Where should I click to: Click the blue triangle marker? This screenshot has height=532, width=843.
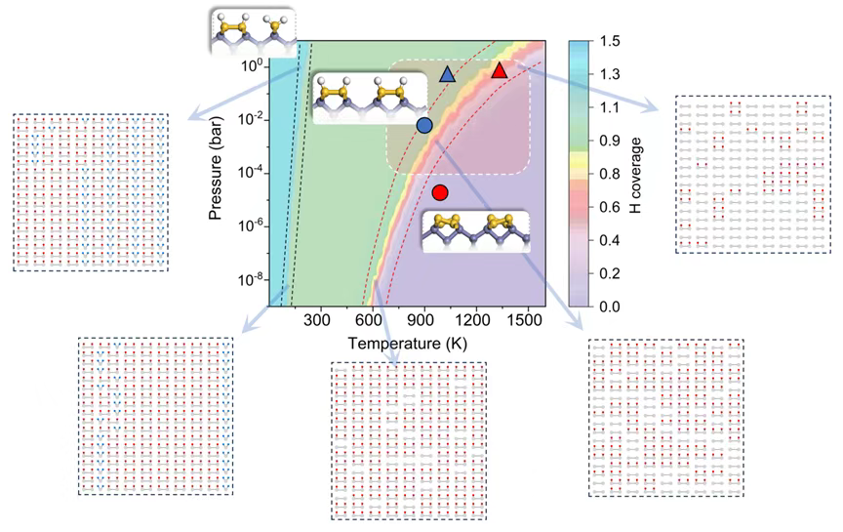pos(447,74)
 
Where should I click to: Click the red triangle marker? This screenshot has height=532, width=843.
pos(500,70)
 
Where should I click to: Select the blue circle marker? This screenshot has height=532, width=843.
pos(424,125)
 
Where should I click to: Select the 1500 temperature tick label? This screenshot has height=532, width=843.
pos(528,320)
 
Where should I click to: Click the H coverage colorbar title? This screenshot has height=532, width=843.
pos(633,174)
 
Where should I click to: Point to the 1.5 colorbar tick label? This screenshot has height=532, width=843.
pos(611,41)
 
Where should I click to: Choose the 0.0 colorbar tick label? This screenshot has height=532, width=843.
pos(611,307)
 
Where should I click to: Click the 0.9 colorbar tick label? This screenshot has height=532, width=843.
pos(611,147)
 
